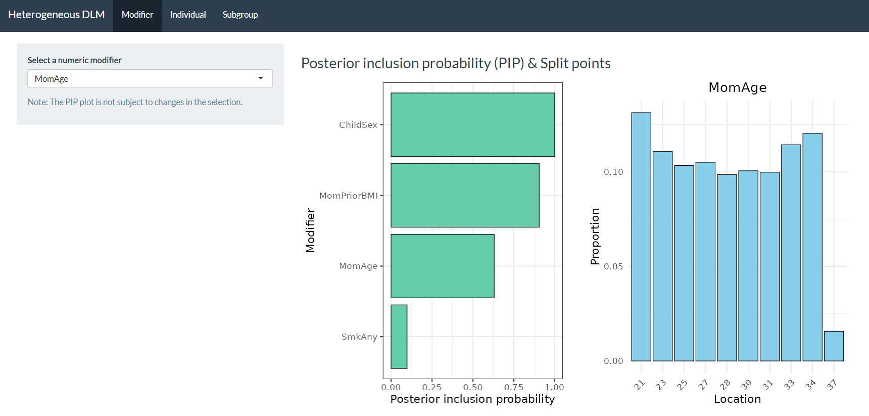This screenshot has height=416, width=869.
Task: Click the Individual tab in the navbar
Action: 188,15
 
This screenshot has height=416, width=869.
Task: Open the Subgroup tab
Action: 240,15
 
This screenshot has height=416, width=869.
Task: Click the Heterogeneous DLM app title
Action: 57,15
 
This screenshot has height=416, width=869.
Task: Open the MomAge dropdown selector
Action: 150,79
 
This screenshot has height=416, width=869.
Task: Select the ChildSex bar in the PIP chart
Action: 472,125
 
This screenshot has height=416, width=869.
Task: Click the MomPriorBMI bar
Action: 465,195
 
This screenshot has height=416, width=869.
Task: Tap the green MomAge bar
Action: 442,266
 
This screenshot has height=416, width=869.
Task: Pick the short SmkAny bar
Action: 399,337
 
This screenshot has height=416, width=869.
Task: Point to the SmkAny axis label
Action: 359,337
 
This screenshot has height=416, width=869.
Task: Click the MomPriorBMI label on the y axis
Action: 349,196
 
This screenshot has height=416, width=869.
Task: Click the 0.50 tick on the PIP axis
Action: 473,387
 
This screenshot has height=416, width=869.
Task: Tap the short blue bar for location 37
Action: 834,346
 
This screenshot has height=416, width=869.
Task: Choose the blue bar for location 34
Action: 812,247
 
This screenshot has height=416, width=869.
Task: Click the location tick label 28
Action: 725,385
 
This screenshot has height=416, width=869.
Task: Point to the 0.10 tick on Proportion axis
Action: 613,172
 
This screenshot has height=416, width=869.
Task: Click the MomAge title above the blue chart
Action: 738,87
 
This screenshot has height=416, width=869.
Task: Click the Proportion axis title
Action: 595,237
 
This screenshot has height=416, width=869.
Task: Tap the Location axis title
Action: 737,399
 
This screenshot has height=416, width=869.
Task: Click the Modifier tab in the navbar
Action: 137,15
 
